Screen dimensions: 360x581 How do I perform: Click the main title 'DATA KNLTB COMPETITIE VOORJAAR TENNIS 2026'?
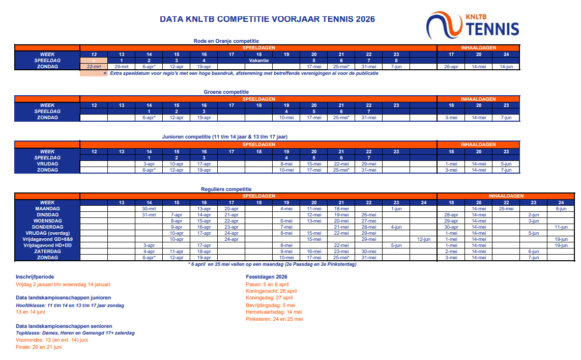pos(267,19)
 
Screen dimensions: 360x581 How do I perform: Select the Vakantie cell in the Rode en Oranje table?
pos(258,60)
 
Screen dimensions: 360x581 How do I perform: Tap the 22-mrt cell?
pos(94,67)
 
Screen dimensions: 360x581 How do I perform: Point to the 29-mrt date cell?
pos(121,67)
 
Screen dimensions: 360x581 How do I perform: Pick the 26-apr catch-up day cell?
pos(451,67)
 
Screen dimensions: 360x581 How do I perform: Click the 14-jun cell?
pos(506,67)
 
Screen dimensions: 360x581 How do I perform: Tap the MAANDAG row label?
pos(47,209)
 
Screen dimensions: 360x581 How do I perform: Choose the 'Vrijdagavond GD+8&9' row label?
pos(47,239)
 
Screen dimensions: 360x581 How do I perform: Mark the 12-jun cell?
pos(423,239)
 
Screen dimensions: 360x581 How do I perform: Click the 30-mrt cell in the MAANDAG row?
pos(149,209)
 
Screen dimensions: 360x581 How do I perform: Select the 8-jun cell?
pos(561,209)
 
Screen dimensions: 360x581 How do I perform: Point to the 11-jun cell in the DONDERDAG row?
pos(561,227)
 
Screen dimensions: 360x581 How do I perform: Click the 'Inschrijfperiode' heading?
pos(35,276)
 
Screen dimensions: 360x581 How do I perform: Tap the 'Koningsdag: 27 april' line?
pos(269,298)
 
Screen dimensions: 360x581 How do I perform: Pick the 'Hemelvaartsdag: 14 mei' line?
pos(274,312)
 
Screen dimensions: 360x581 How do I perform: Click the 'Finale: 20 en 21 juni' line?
pos(39,347)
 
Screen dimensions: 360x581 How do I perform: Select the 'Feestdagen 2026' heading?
pos(267,276)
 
